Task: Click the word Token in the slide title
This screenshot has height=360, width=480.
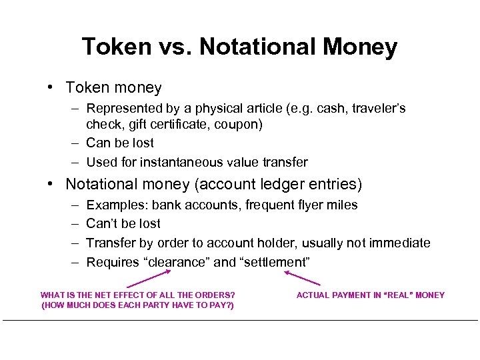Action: (x=117, y=47)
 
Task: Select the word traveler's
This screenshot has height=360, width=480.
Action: (x=378, y=109)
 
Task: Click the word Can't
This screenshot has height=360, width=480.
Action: (x=103, y=223)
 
